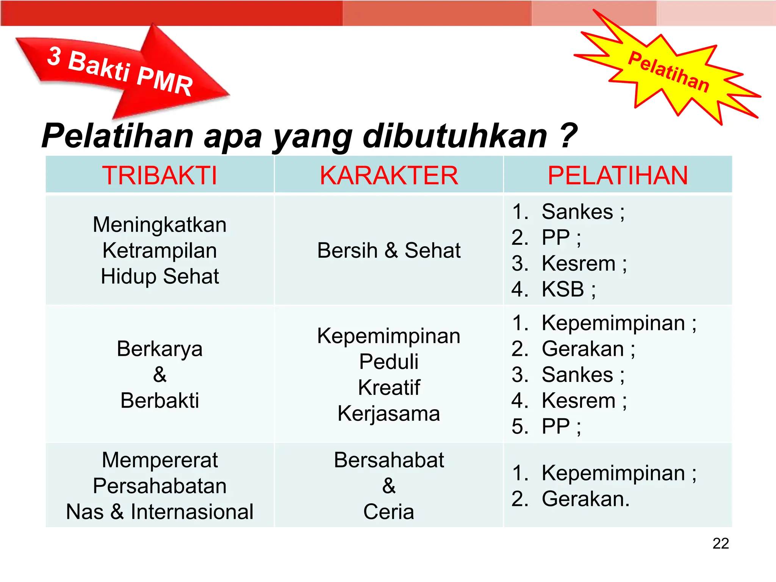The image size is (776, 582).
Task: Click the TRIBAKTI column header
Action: click(160, 175)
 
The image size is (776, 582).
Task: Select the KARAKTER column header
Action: click(389, 175)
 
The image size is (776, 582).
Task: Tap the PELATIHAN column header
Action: click(618, 175)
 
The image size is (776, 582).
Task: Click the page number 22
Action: click(720, 544)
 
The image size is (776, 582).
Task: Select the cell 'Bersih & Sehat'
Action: click(389, 250)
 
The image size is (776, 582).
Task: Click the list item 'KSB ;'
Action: click(568, 289)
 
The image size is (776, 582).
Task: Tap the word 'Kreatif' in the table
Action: click(389, 387)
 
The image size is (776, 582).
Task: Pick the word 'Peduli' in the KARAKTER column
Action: click(389, 361)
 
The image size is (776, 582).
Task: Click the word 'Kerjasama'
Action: click(389, 413)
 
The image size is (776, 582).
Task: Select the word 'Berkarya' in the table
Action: click(160, 349)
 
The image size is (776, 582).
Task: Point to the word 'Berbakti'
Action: click(160, 401)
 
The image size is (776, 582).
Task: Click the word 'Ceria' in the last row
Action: click(389, 512)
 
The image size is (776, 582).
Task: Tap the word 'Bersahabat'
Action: click(389, 460)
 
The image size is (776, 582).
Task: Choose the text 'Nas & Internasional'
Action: click(160, 512)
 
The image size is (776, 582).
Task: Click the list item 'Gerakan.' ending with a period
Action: click(585, 499)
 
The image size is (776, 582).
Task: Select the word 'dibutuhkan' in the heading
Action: click(455, 136)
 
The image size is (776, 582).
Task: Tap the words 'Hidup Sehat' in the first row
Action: click(160, 276)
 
